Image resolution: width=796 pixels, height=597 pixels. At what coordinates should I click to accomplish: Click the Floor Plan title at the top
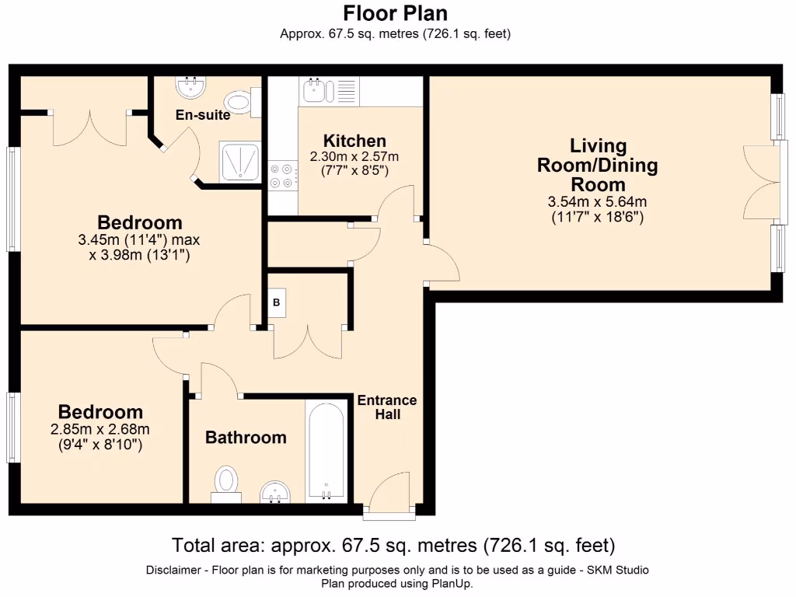pyautogui.click(x=396, y=13)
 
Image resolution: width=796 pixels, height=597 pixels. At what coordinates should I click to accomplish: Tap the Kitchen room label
pyautogui.click(x=354, y=141)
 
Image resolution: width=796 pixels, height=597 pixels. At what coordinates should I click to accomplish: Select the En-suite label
pyautogui.click(x=203, y=115)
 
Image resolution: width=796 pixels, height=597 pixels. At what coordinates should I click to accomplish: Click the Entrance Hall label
pyautogui.click(x=387, y=407)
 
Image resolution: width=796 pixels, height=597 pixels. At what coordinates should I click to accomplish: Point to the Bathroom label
pyautogui.click(x=246, y=438)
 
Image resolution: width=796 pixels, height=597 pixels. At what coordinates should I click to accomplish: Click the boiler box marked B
pyautogui.click(x=277, y=302)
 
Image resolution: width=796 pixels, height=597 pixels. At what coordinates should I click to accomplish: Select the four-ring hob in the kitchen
pyautogui.click(x=283, y=176)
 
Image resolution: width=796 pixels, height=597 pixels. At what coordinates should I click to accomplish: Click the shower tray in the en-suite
pyautogui.click(x=239, y=162)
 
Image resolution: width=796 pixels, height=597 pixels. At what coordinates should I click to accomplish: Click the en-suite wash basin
pyautogui.click(x=191, y=86)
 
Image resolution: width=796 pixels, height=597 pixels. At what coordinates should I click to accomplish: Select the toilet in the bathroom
pyautogui.click(x=226, y=484)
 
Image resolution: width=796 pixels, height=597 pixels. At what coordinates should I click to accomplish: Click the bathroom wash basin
pyautogui.click(x=275, y=492)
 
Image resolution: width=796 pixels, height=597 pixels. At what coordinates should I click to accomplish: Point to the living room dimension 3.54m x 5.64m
pyautogui.click(x=598, y=202)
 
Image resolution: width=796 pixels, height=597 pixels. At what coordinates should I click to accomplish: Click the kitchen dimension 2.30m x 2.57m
pyautogui.click(x=354, y=157)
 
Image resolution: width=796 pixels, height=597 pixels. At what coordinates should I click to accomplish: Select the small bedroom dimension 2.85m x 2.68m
pyautogui.click(x=100, y=429)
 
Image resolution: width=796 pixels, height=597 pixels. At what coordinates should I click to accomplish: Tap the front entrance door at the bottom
pyautogui.click(x=389, y=494)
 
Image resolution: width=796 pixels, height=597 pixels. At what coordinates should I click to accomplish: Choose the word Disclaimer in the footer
pyautogui.click(x=174, y=570)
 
